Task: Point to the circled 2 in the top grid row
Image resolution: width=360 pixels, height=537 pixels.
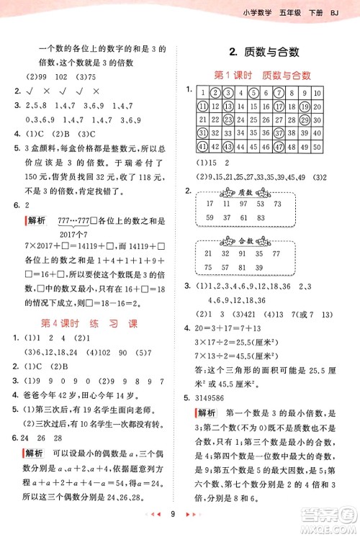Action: tap(215, 92)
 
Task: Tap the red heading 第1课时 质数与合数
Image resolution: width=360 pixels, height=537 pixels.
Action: tap(262, 75)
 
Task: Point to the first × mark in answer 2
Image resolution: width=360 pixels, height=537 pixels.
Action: tap(45, 91)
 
